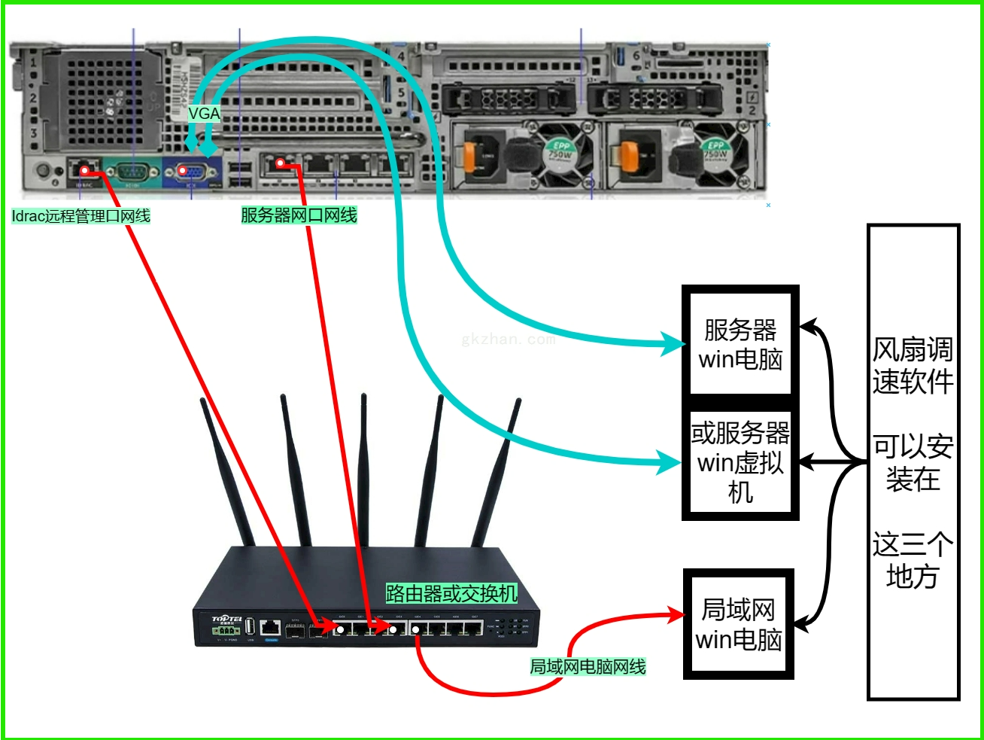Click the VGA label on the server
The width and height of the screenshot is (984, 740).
[204, 114]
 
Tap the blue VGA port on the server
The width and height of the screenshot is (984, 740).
[192, 172]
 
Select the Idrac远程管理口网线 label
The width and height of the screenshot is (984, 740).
[81, 216]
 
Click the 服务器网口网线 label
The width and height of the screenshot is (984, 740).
[299, 215]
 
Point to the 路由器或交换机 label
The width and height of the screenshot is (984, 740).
[451, 593]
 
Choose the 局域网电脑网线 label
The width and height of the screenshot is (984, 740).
[588, 666]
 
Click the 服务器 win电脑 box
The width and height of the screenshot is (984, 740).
[740, 343]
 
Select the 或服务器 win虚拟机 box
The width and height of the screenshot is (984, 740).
[740, 463]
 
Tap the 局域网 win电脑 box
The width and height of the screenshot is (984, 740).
[739, 624]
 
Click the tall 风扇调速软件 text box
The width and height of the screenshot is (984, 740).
[913, 462]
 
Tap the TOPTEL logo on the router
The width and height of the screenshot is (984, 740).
[226, 620]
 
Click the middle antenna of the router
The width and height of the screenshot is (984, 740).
[363, 467]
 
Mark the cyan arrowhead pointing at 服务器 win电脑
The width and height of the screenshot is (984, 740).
[671, 344]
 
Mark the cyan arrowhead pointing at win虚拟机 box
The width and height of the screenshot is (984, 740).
[670, 461]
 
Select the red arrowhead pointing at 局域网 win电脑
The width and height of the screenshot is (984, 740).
[674, 615]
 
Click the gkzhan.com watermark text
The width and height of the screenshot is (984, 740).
[508, 340]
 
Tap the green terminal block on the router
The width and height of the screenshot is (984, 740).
[226, 631]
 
